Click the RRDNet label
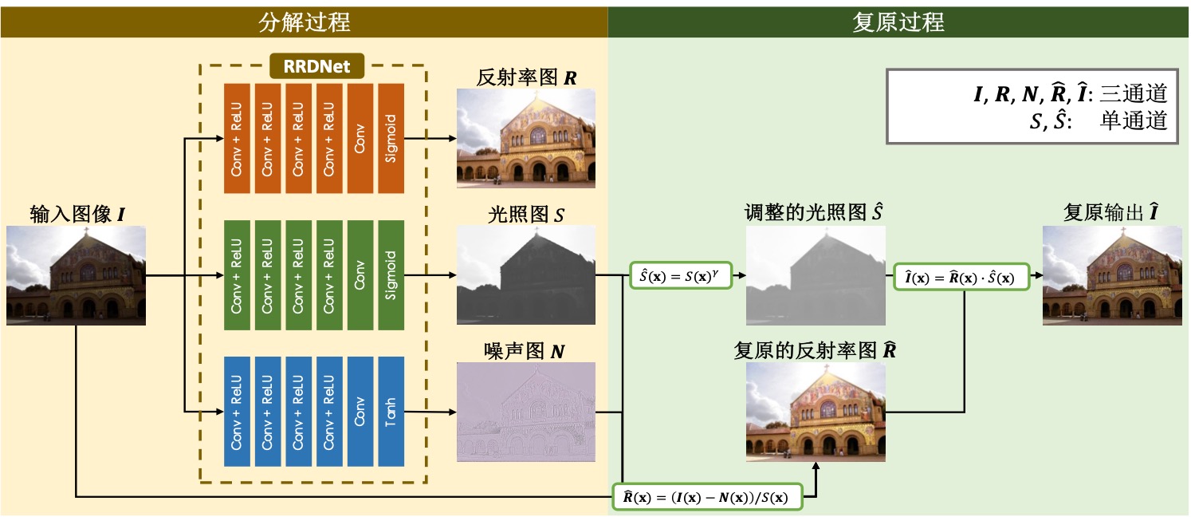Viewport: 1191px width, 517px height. click(x=316, y=65)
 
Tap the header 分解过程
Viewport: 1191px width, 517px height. click(x=304, y=22)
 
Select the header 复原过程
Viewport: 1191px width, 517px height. click(x=898, y=22)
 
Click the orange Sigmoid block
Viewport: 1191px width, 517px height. click(x=391, y=137)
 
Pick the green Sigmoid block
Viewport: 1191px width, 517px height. click(x=391, y=274)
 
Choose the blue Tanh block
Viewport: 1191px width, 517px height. click(x=391, y=412)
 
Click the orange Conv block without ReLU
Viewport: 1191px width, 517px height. click(x=360, y=137)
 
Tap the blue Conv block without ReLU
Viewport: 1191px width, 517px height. click(x=360, y=412)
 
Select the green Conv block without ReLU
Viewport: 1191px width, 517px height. click(x=360, y=274)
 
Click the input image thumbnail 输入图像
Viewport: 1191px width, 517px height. click(x=77, y=275)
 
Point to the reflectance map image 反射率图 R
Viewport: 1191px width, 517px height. click(x=526, y=137)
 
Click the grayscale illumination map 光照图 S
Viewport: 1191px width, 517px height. click(x=526, y=274)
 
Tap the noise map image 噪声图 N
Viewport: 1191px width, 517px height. click(x=526, y=412)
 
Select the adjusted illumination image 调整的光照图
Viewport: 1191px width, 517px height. click(x=816, y=275)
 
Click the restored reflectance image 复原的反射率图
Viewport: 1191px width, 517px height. click(x=816, y=412)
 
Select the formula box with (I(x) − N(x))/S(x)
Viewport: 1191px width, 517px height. click(x=707, y=496)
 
